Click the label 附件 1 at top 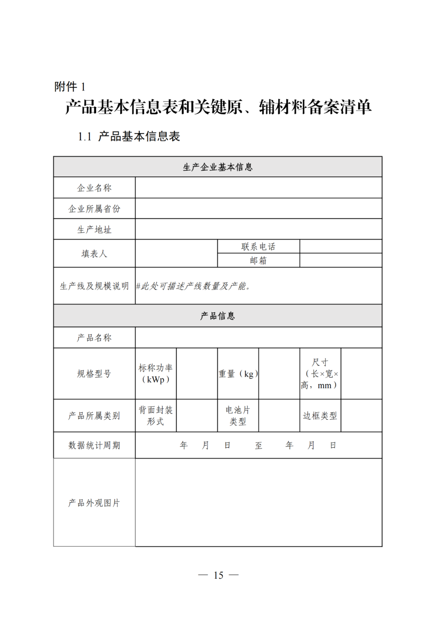[x=70, y=86]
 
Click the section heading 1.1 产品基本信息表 [x=129, y=136]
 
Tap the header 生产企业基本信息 [x=218, y=167]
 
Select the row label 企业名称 [x=94, y=188]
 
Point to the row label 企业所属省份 [x=94, y=209]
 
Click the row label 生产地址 [x=94, y=229]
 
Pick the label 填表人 [x=94, y=254]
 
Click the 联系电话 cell [x=258, y=246]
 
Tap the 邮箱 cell [x=258, y=261]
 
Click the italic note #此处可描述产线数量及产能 [x=193, y=286]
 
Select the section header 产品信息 [x=218, y=316]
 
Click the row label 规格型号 [x=94, y=374]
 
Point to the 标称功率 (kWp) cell [x=156, y=374]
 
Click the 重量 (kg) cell [x=238, y=374]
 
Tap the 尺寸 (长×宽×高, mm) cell [x=320, y=374]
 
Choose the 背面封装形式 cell [x=156, y=416]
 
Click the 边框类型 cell [x=320, y=416]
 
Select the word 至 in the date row [x=259, y=446]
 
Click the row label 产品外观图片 [x=94, y=503]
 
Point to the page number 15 [x=218, y=575]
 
